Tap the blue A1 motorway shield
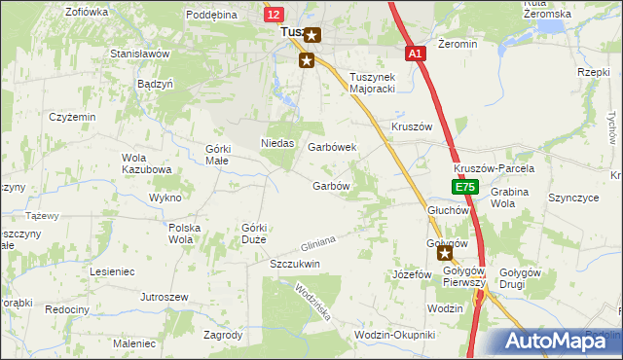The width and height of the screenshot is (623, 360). point(416,55)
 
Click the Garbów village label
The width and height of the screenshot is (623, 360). point(330,186)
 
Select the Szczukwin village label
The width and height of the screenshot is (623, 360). point(295,264)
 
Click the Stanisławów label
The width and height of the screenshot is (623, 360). point(140,54)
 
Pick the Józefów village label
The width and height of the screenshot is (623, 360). point(411,274)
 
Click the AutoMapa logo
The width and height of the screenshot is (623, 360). point(555,341)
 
